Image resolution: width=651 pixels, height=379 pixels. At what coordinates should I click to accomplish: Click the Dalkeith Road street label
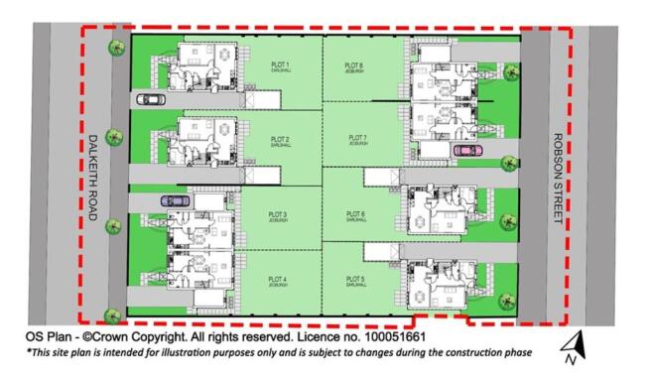92,177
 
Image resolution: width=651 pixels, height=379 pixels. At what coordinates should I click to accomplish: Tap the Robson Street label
558,176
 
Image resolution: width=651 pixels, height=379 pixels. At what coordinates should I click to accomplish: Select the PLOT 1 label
280,64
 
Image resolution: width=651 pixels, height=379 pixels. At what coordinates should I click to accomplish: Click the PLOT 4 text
279,279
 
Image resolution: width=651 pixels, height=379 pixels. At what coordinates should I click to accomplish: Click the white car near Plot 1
151,98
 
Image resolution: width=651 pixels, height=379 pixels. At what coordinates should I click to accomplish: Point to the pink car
466,150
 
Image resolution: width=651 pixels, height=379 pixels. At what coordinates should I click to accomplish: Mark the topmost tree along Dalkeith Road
116,48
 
